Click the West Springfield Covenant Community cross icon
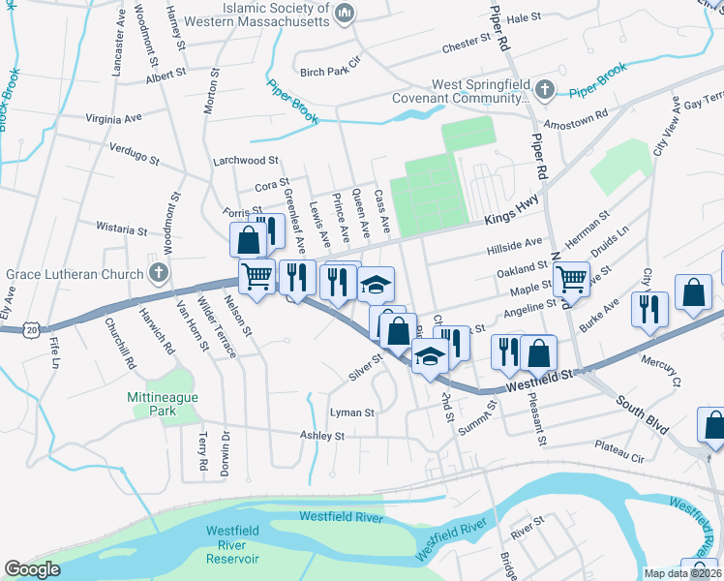coord(545,91)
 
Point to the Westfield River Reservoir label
coord(232,544)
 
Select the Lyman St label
coord(352,413)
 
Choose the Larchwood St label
coord(246,160)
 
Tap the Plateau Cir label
coord(619,450)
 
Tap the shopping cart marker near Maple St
coord(571,279)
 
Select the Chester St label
coord(467,44)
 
